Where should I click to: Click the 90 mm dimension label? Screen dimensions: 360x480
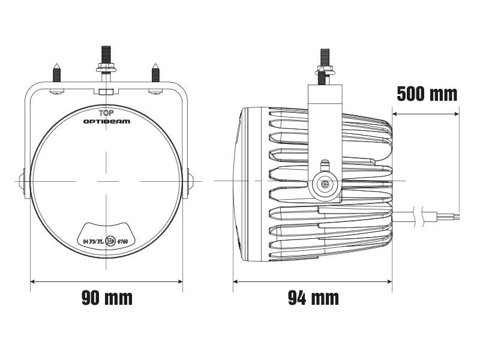[x=107, y=297]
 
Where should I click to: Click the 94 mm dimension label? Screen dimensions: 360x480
[x=313, y=297]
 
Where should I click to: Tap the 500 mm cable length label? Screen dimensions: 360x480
[x=427, y=94]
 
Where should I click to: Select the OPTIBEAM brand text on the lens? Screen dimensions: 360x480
[x=106, y=121]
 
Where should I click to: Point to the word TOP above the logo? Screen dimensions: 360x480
[x=106, y=112]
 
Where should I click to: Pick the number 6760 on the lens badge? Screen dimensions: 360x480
[x=123, y=241]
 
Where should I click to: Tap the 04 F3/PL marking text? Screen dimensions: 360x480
[x=93, y=241]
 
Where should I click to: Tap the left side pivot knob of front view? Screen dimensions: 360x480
[x=22, y=181]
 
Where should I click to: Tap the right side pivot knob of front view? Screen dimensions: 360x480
[x=191, y=181]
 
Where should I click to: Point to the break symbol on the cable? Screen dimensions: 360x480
[x=427, y=214]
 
